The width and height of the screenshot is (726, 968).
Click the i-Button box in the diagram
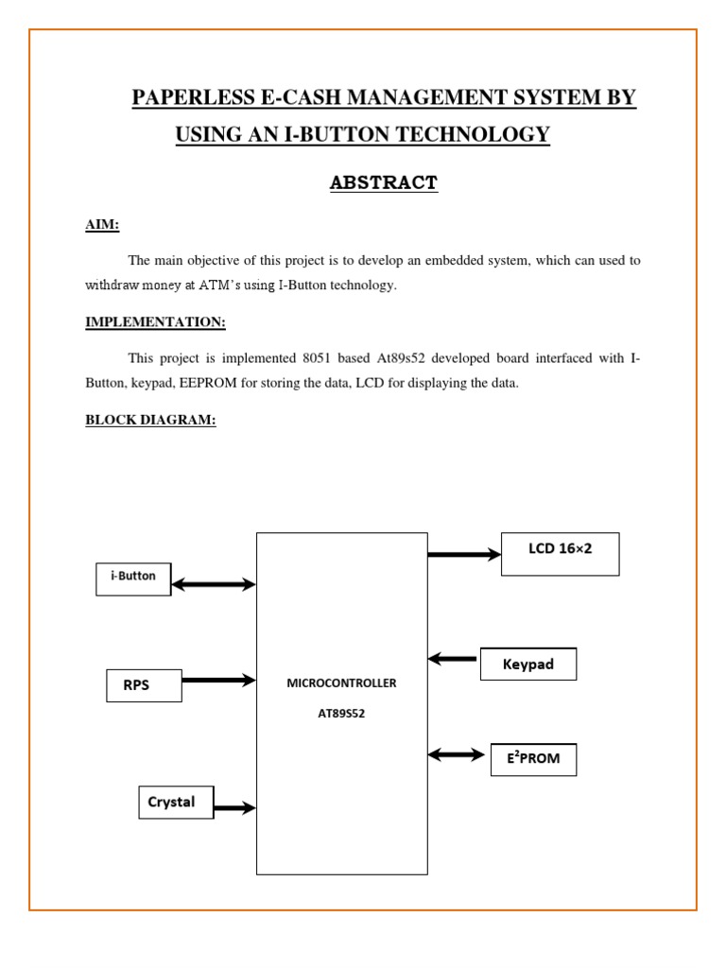coord(133,578)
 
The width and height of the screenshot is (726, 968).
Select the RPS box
coord(143,685)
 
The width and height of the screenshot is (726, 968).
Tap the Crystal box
coord(176,803)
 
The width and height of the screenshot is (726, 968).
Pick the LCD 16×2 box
coord(561,553)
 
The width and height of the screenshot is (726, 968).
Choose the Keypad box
coord(528,665)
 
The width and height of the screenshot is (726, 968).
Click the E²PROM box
coord(533,759)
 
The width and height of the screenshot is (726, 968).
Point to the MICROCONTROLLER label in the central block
coord(341,683)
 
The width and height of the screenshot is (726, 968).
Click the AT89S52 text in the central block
coord(341,714)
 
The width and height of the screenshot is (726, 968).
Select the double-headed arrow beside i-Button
coord(214,585)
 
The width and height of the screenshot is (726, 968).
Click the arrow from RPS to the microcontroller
coord(218,680)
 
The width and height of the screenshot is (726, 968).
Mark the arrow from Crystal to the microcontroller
coord(234,807)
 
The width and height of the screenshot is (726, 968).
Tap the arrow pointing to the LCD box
coord(464,555)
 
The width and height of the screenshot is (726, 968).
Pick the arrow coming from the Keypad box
coord(454,658)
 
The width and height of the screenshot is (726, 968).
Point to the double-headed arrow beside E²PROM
coord(457,754)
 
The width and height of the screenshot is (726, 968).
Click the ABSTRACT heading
coord(384,183)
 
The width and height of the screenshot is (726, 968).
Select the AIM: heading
coord(102,225)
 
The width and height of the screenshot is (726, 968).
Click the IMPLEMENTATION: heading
coord(155,322)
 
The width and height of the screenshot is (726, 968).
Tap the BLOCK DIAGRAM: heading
coord(150,420)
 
